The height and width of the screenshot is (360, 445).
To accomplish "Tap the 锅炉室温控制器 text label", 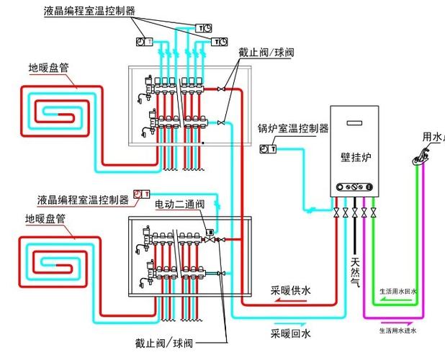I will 294,129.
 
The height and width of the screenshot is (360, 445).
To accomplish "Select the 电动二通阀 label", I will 181,205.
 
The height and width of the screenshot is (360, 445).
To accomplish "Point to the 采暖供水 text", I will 291,291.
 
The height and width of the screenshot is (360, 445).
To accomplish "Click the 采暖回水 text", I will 291,334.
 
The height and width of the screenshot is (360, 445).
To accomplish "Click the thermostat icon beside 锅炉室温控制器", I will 267,148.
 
